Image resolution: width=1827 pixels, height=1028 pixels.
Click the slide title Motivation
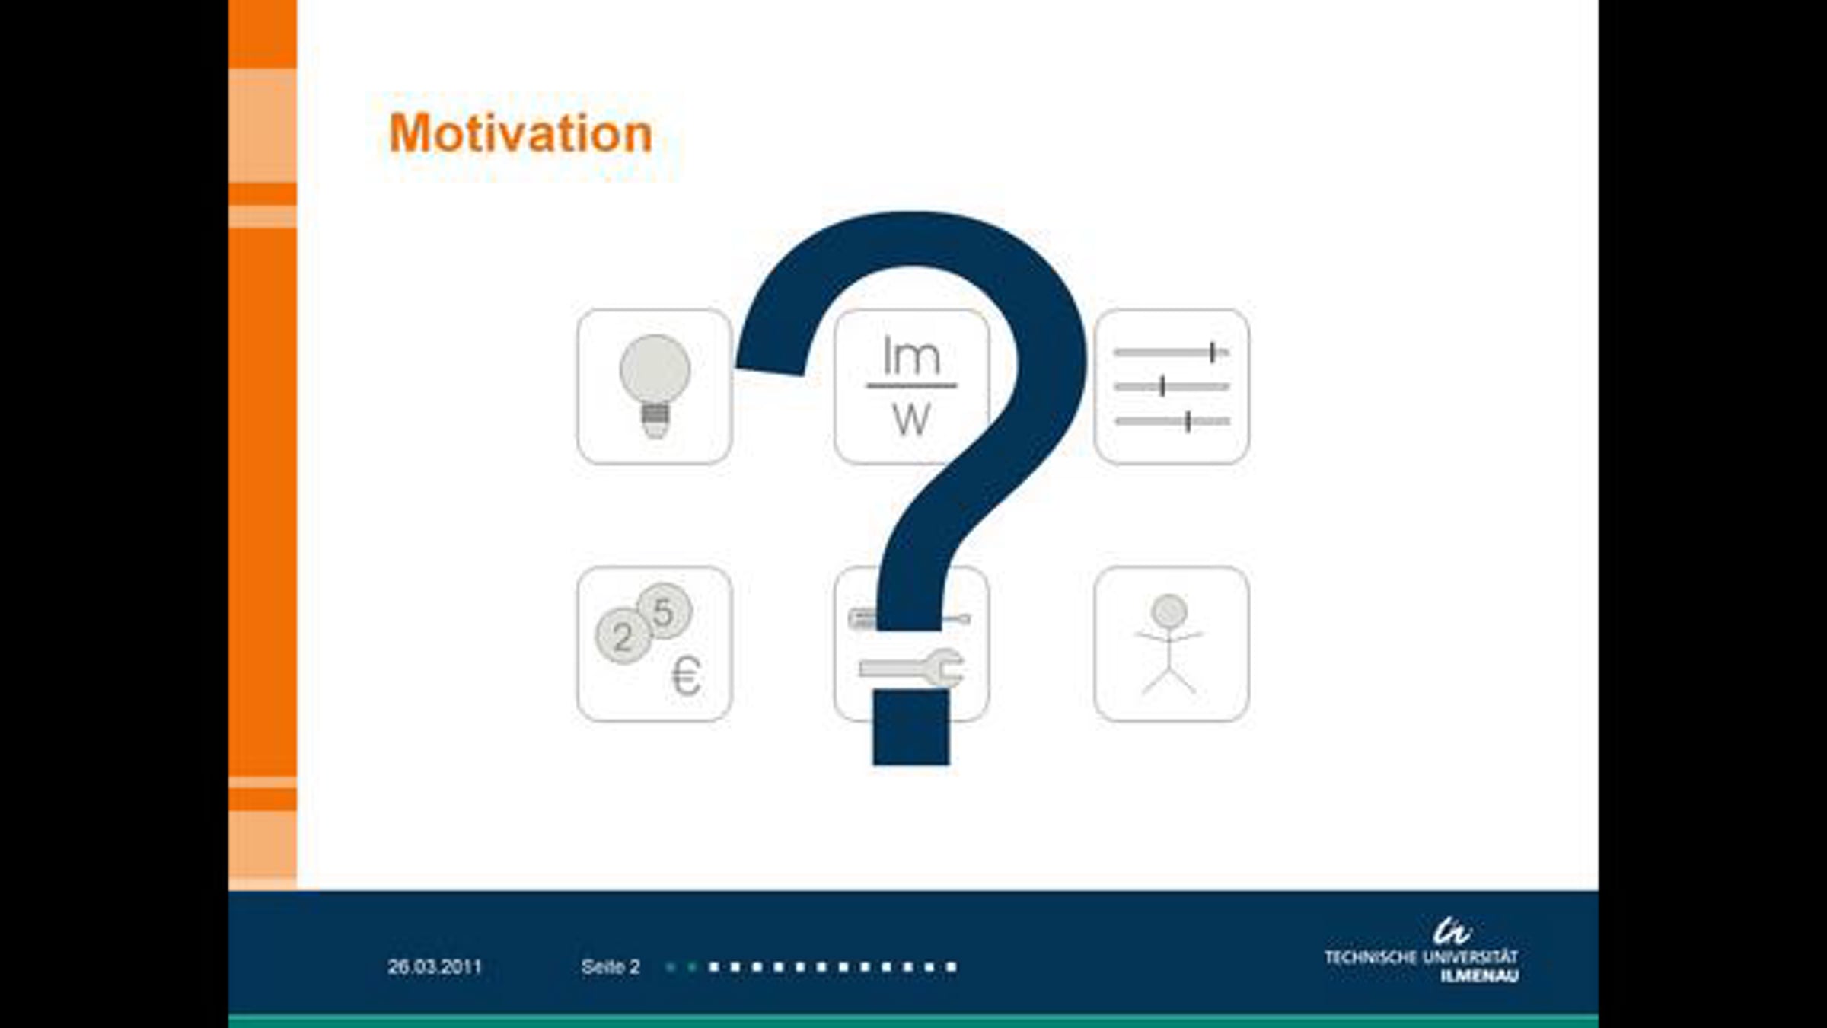tap(521, 133)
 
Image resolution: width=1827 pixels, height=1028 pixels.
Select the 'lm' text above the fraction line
tap(911, 355)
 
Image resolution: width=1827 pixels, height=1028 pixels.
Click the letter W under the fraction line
tap(911, 419)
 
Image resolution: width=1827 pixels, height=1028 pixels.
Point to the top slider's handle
tap(1212, 352)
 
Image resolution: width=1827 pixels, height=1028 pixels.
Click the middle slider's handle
tap(1162, 386)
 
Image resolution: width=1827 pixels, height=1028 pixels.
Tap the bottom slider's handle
tap(1188, 421)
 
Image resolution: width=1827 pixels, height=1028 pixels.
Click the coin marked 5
tap(665, 611)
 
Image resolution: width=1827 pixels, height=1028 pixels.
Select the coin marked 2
tap(623, 637)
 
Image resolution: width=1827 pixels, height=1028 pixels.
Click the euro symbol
tap(686, 675)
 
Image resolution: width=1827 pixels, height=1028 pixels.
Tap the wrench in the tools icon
tap(912, 669)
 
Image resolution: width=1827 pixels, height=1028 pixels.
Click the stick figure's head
tap(1169, 611)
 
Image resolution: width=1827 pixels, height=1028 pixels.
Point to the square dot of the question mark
tap(911, 727)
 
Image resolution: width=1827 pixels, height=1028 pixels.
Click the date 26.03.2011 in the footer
tap(435, 967)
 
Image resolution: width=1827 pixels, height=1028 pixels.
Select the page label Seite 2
tap(611, 967)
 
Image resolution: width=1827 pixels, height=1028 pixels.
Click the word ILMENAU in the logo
tap(1479, 976)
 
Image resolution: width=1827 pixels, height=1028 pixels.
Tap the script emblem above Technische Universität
tap(1452, 931)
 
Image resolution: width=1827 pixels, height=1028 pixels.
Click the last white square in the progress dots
tap(951, 967)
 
